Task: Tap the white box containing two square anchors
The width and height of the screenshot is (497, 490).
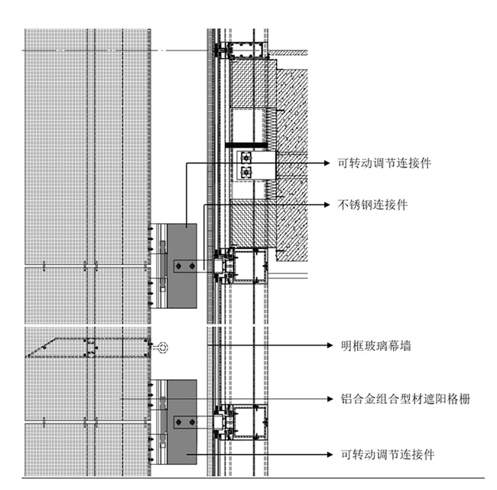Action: [252, 164]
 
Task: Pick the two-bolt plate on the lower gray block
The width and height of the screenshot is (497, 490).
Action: [184, 421]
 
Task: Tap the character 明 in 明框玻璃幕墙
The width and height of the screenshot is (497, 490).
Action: [344, 346]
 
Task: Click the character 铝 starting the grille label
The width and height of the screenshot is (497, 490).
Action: [344, 398]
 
